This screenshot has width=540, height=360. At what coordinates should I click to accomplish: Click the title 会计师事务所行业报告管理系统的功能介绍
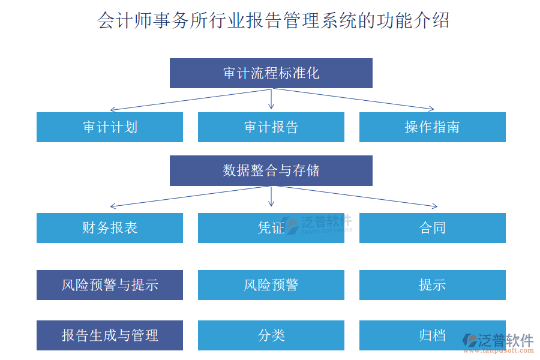point(273,21)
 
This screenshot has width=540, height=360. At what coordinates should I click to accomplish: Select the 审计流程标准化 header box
point(271,73)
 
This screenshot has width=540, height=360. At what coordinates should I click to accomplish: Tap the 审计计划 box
point(110,127)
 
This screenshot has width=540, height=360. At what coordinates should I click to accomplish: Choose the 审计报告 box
point(271,127)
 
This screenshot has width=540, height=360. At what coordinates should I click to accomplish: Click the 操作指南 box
point(433,127)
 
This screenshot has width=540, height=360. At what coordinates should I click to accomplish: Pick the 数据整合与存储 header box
point(271,170)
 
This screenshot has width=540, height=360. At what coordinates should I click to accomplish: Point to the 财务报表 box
point(110,228)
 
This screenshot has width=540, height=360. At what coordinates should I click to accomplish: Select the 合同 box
point(433,228)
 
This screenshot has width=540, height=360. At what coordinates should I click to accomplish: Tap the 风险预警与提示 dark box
point(110,285)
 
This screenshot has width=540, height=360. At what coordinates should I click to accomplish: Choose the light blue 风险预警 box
point(271,285)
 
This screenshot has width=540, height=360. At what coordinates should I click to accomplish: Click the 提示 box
point(433,285)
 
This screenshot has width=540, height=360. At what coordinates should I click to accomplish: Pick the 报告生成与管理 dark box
point(110,335)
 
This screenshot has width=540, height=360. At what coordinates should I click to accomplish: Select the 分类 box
point(271,335)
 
